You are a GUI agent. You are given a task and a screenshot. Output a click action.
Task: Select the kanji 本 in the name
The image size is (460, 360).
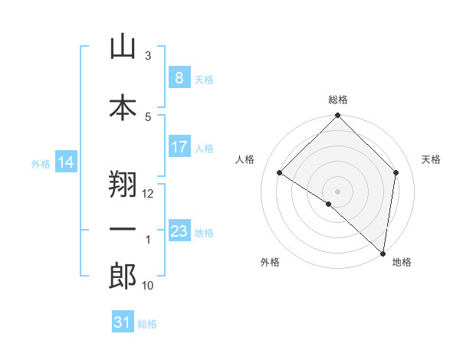pos(123,107)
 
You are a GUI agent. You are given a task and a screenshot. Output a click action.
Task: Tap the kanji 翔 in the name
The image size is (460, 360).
pos(123,184)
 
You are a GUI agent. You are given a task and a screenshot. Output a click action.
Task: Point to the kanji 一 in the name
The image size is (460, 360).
pos(123,229)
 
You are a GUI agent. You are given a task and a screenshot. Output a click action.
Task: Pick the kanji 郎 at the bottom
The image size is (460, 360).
pos(123,276)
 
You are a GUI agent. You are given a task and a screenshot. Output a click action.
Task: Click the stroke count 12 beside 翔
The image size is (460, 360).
pos(147,194)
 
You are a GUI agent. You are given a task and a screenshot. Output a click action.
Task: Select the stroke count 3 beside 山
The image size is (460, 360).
pos(148,55)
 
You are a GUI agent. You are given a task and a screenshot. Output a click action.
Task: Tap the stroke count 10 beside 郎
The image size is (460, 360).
pos(147,286)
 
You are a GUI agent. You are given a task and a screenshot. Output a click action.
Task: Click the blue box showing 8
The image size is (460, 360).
pos(179,77)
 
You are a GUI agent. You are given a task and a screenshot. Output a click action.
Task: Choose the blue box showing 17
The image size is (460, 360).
pos(179,146)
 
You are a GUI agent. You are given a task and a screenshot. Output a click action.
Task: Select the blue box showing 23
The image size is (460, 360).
pos(179,230)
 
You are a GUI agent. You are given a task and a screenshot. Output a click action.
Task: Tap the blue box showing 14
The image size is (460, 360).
pos(66,162)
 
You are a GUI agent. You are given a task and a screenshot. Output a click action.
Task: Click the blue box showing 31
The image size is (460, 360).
pos(123,321)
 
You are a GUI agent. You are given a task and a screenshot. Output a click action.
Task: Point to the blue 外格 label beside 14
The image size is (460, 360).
pos(41,164)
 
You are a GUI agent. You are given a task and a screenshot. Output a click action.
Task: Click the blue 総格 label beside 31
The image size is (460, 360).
pos(147,324)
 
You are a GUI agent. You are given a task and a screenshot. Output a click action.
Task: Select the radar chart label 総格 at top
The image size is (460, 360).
pos(338,100)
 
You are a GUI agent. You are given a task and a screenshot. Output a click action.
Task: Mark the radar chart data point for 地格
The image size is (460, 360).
pos(383,254)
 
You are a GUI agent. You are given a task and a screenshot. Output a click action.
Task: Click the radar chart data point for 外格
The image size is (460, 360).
pos(329,204)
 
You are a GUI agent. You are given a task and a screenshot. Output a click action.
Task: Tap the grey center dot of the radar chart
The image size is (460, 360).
pos(337,191)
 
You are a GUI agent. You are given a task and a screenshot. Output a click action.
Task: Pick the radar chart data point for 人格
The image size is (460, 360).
pos(280,172)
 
